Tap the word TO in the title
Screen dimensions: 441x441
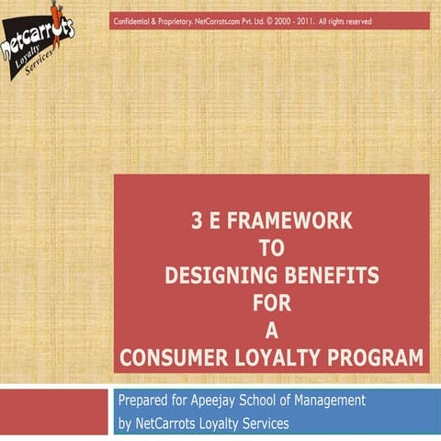pos(272,248)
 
